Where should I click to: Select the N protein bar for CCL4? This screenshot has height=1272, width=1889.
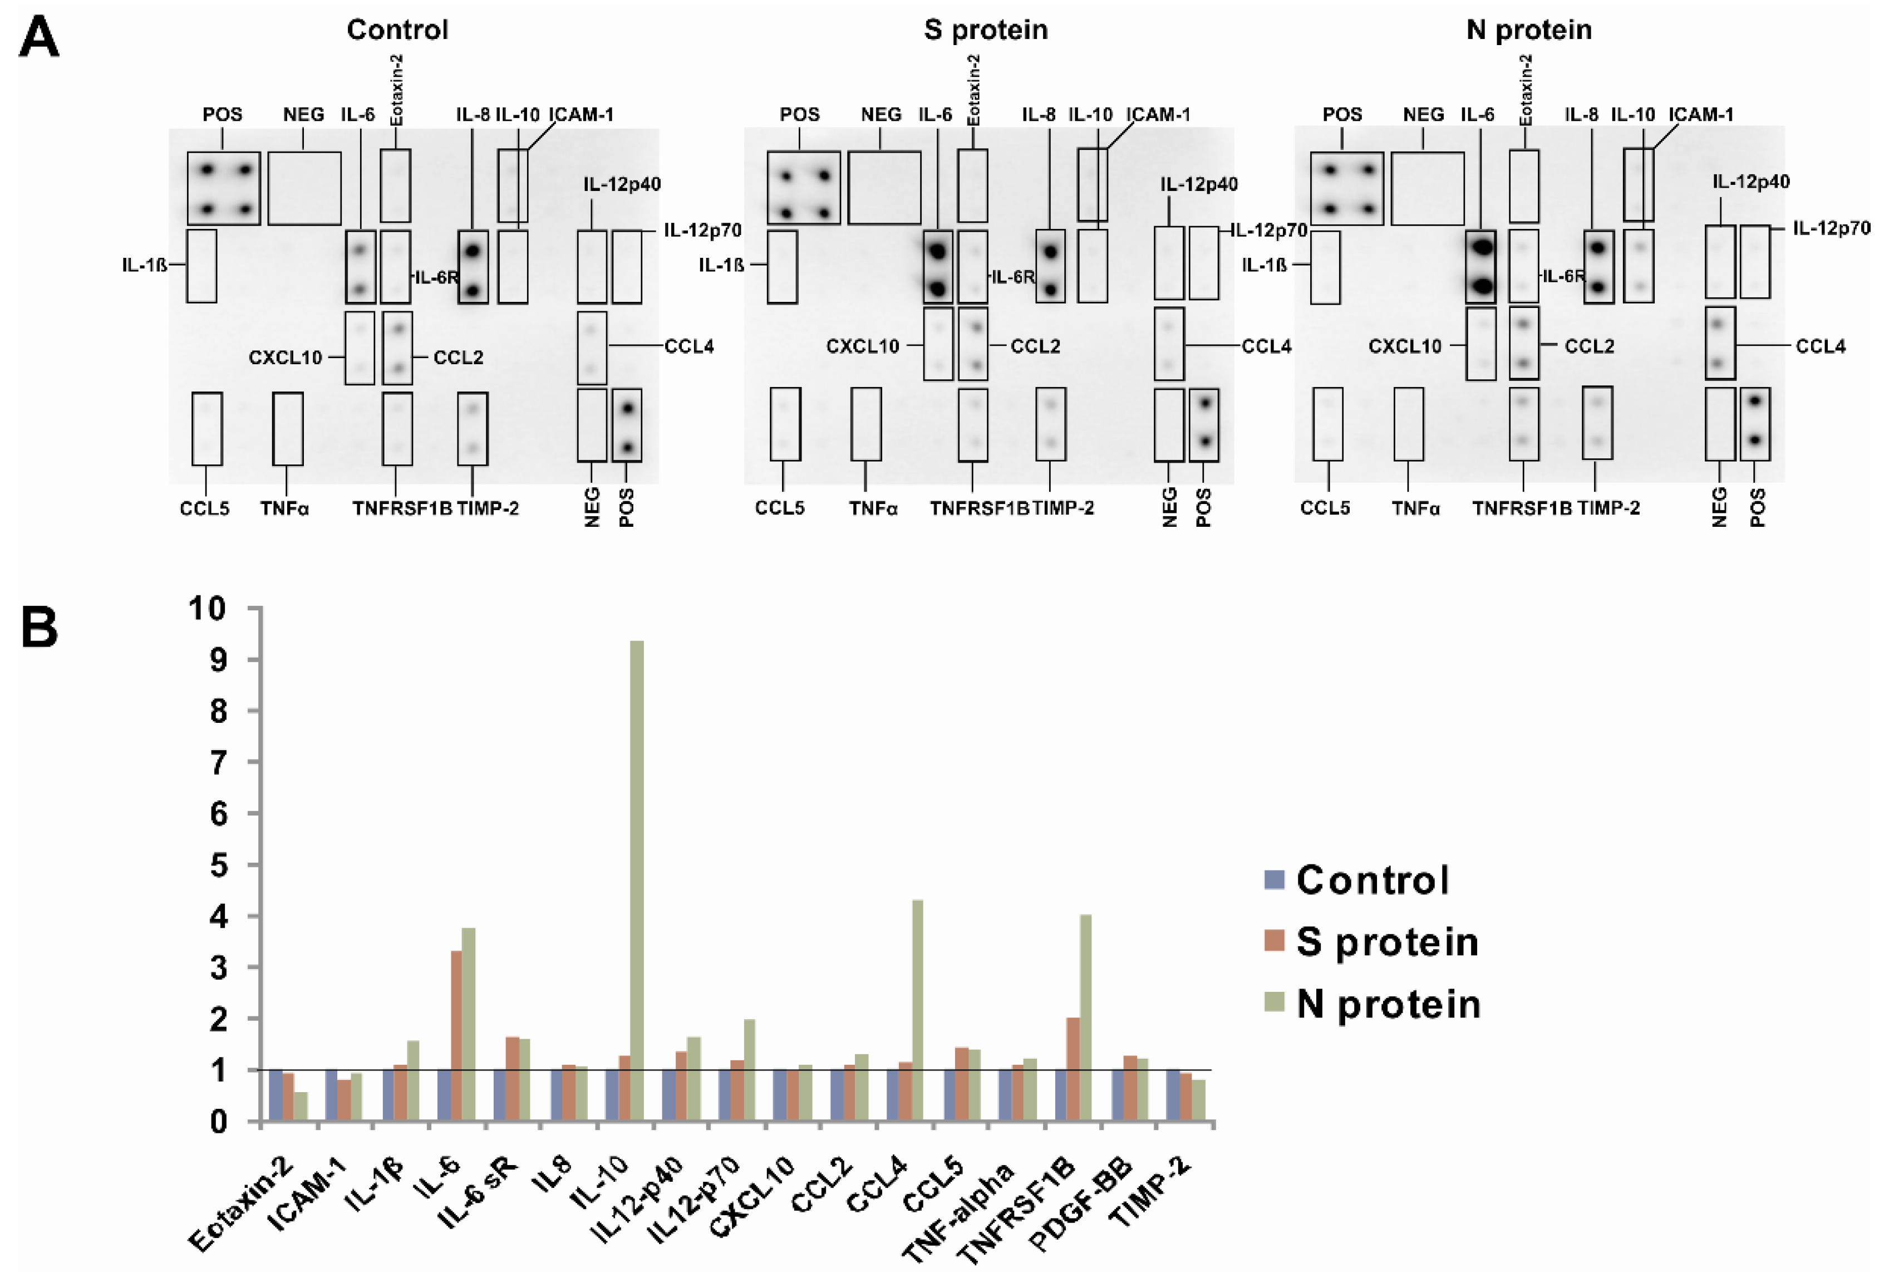(917, 1010)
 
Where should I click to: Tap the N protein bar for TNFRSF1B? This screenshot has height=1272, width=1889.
(1085, 1018)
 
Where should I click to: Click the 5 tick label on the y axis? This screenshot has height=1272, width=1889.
(217, 865)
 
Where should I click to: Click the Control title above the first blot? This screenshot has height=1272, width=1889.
(397, 30)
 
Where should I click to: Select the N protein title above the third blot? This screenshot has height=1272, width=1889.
(1529, 30)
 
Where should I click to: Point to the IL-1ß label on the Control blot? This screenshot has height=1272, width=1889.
(144, 265)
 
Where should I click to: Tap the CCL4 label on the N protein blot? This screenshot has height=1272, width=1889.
(1820, 346)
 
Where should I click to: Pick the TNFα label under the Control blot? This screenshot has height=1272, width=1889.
(284, 508)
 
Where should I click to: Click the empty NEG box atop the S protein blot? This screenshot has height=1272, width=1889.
(884, 187)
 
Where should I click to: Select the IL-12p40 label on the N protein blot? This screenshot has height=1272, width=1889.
(1750, 182)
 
